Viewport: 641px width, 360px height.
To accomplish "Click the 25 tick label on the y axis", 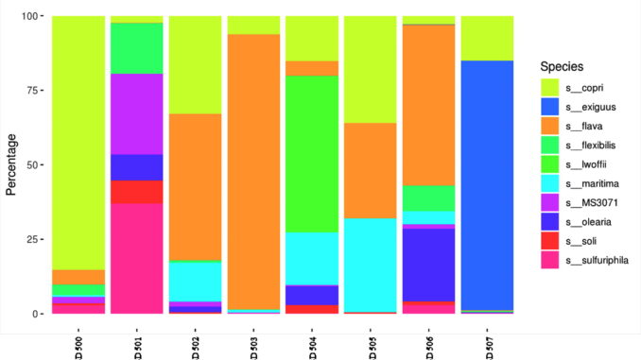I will pos(33,239).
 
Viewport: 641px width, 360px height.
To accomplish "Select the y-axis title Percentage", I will pos(12,164).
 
